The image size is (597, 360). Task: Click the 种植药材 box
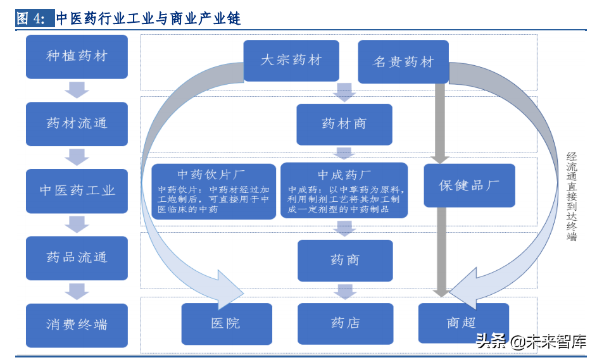tap(77, 56)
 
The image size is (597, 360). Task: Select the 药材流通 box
tap(77, 123)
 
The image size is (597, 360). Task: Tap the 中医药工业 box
tap(77, 190)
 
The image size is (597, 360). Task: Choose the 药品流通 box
tap(77, 258)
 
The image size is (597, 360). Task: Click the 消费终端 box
tap(77, 325)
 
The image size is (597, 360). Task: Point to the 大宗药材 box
tap(291, 61)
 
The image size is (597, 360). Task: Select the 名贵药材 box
tap(403, 62)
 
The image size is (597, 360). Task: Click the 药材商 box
tap(344, 124)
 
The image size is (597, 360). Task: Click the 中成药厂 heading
tap(344, 174)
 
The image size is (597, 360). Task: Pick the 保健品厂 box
tap(469, 185)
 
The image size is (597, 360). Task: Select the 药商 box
tap(345, 260)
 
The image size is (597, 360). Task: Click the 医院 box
tap(226, 323)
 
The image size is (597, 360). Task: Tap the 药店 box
tap(345, 323)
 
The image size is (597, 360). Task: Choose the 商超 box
tap(463, 323)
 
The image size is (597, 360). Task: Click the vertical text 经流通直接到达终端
tap(572, 197)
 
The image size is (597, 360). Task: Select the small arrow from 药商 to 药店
tap(345, 291)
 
